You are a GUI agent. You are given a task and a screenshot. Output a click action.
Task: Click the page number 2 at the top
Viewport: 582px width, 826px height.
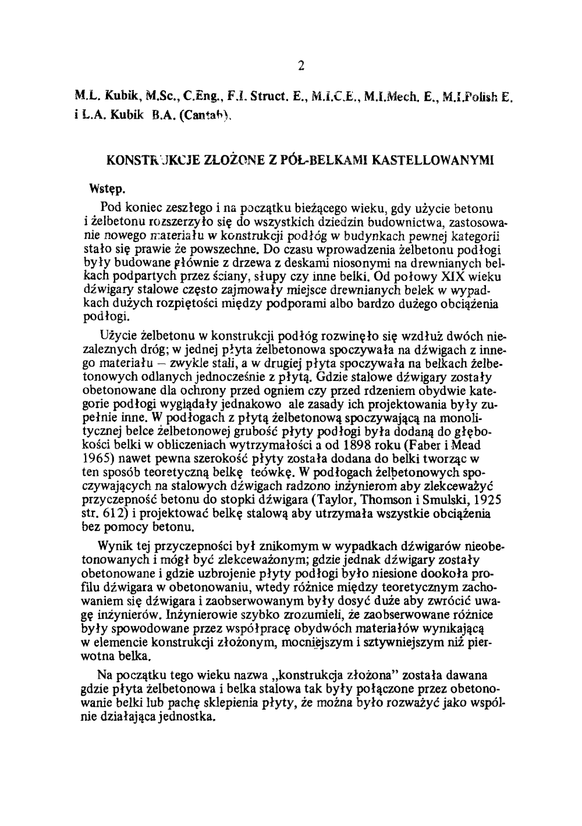301,65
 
